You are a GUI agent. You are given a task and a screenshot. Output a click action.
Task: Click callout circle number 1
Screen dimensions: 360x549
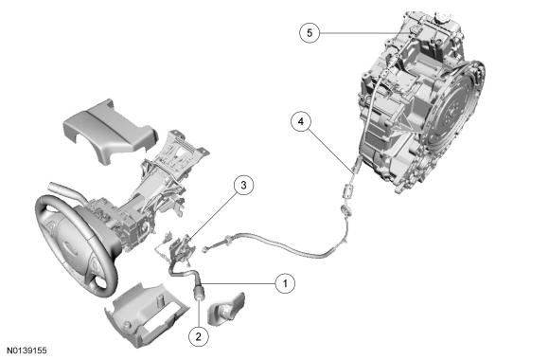coord(280,281)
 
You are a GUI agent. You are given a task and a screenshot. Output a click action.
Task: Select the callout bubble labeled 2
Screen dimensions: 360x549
coord(198,333)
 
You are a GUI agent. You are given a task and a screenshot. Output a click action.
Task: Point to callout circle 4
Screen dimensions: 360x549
coord(300,122)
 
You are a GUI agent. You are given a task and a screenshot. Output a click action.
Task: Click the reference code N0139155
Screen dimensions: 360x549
coord(26,351)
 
